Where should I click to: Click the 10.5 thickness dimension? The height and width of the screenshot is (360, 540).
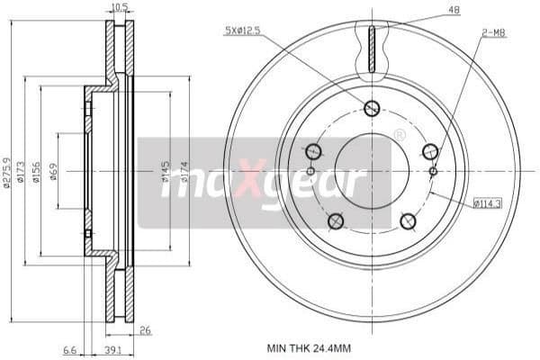pyautogui.click(x=117, y=8)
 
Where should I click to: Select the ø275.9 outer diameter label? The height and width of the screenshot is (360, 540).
pyautogui.click(x=8, y=169)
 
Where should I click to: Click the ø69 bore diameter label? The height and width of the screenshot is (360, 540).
pyautogui.click(x=55, y=170)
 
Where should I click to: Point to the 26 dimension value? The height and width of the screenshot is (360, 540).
pyautogui.click(x=145, y=331)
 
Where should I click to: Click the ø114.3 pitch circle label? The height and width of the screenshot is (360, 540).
pyautogui.click(x=487, y=203)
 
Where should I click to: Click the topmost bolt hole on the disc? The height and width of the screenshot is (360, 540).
pyautogui.click(x=372, y=109)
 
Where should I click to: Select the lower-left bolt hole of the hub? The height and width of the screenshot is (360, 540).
pyautogui.click(x=337, y=220)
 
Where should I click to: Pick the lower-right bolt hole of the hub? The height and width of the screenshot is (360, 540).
pyautogui.click(x=407, y=220)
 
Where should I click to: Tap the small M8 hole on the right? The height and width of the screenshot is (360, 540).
pyautogui.click(x=433, y=171)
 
